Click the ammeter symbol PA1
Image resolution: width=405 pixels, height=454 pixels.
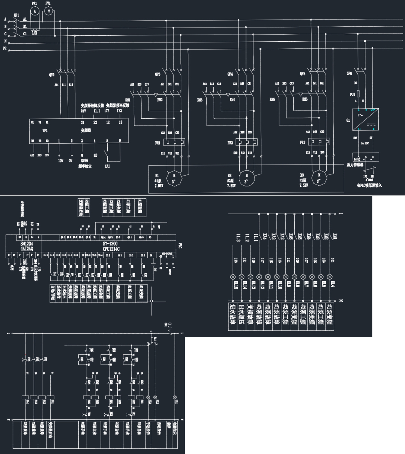click(35, 12)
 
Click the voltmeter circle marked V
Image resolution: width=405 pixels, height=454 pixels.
click(48, 12)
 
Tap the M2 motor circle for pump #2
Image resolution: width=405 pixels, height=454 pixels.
click(247, 176)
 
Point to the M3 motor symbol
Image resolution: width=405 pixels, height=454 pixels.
click(319, 175)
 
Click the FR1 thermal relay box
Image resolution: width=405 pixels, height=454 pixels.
click(174, 142)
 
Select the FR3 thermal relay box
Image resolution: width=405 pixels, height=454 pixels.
click(319, 142)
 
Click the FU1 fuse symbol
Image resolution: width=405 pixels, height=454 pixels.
click(358, 94)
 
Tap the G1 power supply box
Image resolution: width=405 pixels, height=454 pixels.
click(365, 120)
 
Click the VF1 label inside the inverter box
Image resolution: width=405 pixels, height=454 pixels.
click(45, 130)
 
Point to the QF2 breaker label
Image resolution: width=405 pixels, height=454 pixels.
click(52, 75)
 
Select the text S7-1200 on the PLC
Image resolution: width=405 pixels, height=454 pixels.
click(111, 244)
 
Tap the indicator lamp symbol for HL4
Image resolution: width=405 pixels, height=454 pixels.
click(330, 277)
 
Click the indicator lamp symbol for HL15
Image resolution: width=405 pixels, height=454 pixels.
click(233, 277)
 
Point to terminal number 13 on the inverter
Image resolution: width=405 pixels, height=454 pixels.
click(120, 123)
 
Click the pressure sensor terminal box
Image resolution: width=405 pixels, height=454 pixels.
click(365, 157)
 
